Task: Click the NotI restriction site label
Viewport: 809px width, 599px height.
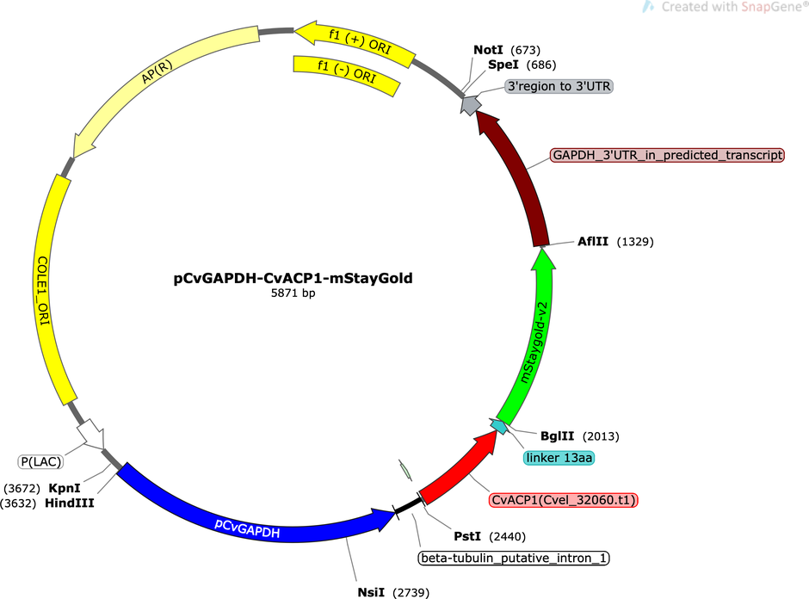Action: tap(488, 50)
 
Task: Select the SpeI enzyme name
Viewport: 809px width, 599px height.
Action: tap(503, 65)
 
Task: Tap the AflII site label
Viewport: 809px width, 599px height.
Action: tap(593, 242)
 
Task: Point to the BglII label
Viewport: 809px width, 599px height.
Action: tap(557, 436)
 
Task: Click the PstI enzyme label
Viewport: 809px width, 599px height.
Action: tap(467, 536)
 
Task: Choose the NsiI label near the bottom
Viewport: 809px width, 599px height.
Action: tap(371, 592)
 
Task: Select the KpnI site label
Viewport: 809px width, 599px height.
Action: tap(65, 488)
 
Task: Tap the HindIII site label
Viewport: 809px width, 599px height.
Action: tap(70, 503)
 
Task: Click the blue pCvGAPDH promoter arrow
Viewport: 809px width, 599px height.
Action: tap(248, 516)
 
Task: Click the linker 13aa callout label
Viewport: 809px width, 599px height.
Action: tap(559, 458)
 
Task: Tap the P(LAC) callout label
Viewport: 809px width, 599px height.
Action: tap(40, 461)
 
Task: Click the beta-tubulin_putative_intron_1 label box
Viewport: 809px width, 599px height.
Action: tap(513, 559)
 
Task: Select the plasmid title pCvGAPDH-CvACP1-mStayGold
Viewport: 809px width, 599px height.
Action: tap(293, 279)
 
